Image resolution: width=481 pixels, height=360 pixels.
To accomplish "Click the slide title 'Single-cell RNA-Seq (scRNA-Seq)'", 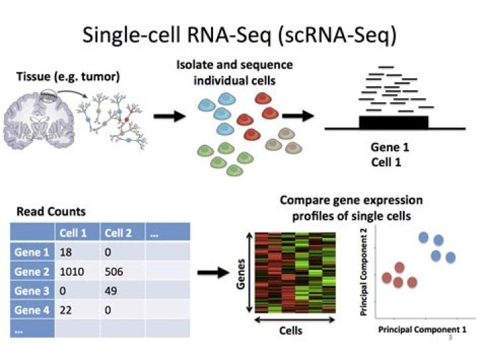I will [x=240, y=35].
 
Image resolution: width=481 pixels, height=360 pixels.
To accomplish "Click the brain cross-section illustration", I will [x=40, y=117].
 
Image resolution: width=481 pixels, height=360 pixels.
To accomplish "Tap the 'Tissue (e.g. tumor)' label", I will [x=67, y=76].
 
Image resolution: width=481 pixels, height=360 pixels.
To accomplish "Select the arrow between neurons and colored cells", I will [x=169, y=118].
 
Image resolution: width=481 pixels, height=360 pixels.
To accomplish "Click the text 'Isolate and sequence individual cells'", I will [x=240, y=73].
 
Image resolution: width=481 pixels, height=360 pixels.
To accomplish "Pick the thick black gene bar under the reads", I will [x=394, y=122].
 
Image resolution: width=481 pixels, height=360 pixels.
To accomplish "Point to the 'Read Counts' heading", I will [x=51, y=212].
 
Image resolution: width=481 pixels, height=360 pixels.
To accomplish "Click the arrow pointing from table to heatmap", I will [x=212, y=273].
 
